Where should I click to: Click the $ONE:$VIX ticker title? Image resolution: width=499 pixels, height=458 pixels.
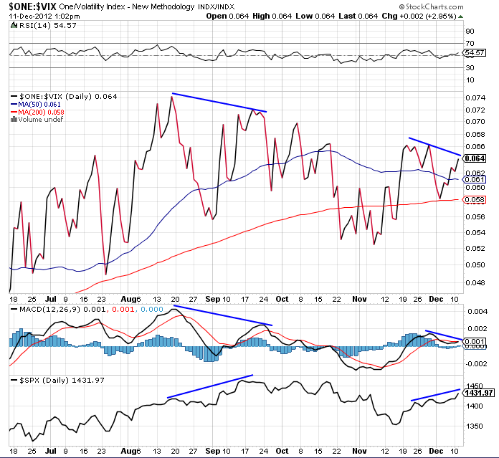(x=33, y=6)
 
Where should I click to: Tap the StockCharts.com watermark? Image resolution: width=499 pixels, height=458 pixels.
(x=431, y=6)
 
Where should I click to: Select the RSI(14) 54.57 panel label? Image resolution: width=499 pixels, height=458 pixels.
(x=44, y=26)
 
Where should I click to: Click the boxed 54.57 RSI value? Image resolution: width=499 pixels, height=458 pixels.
(x=475, y=53)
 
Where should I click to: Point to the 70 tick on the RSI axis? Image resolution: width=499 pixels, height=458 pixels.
(x=470, y=43)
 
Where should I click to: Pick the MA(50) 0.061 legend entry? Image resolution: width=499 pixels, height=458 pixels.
(x=36, y=105)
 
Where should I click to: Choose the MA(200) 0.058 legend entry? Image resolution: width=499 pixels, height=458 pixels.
(x=37, y=113)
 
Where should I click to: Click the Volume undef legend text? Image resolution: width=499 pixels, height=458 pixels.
(x=37, y=120)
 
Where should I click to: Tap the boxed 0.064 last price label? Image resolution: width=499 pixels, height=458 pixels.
(x=475, y=158)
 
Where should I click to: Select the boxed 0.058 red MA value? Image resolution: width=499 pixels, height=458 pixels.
(x=475, y=200)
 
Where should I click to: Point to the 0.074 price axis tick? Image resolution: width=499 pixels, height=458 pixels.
(x=475, y=98)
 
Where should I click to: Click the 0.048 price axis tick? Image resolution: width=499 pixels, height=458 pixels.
(x=475, y=282)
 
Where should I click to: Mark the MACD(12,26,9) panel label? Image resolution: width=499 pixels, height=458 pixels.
(x=49, y=309)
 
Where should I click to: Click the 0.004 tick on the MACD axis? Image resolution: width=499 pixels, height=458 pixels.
(x=477, y=311)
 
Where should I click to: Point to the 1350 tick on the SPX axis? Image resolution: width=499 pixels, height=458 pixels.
(x=475, y=426)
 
